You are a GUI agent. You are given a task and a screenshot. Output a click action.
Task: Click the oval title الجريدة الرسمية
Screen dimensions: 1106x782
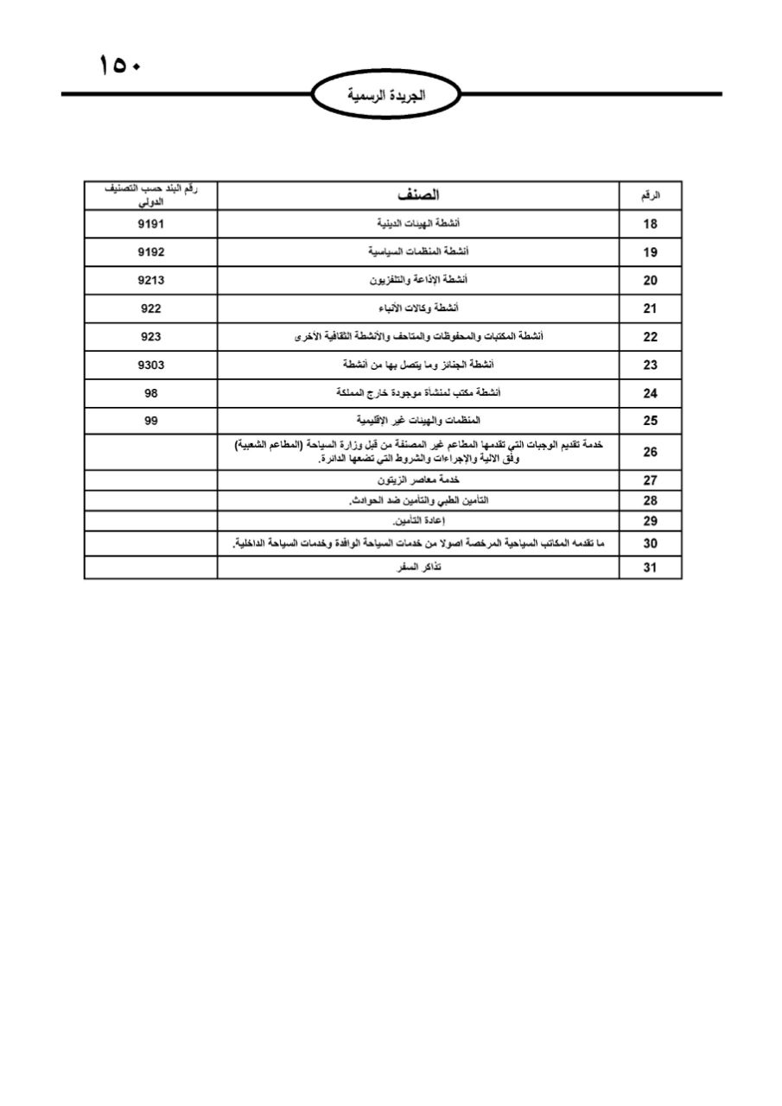pyautogui.click(x=387, y=95)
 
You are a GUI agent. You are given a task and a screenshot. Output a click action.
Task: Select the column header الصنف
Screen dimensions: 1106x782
pyautogui.click(x=418, y=195)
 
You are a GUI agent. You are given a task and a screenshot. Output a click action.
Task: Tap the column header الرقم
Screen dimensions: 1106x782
pyautogui.click(x=651, y=196)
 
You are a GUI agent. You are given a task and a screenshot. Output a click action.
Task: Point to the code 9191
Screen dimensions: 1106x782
pyautogui.click(x=150, y=224)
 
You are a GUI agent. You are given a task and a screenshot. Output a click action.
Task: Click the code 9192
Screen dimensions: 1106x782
pyautogui.click(x=150, y=252)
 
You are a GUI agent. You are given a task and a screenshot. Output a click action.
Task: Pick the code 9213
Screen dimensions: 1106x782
pyautogui.click(x=150, y=280)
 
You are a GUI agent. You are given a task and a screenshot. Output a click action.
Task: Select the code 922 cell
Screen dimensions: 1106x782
pyautogui.click(x=150, y=308)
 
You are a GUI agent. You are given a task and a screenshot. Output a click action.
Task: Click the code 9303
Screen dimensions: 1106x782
pyautogui.click(x=150, y=365)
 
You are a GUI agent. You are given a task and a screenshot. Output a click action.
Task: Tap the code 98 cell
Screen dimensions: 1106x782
pyautogui.click(x=150, y=393)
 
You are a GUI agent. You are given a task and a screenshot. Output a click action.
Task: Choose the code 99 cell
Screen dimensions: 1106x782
pyautogui.click(x=150, y=421)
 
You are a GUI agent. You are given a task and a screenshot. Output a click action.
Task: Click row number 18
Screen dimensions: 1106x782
pyautogui.click(x=651, y=224)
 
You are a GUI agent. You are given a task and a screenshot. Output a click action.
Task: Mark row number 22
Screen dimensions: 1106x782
pyautogui.click(x=651, y=337)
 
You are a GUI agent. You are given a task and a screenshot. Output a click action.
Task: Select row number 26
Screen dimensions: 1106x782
pyautogui.click(x=651, y=452)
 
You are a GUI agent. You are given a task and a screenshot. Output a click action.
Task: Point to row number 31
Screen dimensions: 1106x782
pyautogui.click(x=651, y=568)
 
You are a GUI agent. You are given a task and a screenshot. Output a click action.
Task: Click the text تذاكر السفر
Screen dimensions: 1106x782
pyautogui.click(x=418, y=568)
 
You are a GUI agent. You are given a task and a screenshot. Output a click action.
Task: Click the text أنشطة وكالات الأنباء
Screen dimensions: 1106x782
pyautogui.click(x=418, y=308)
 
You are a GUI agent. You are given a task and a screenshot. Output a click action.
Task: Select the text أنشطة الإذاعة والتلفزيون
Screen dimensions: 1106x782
pyautogui.click(x=418, y=280)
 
